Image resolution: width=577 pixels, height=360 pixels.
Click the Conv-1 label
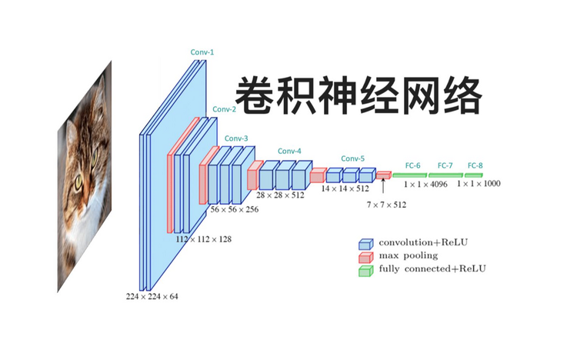coord(202,52)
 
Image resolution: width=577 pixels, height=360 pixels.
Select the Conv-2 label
coord(224,109)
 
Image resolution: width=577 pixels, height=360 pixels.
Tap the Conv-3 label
coord(236,138)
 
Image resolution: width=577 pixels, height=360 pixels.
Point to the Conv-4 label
coord(289,151)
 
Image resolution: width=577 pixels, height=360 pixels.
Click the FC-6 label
coord(412,165)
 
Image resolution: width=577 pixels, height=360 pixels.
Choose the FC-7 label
coord(445,165)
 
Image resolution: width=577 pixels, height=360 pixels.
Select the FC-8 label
coord(475,165)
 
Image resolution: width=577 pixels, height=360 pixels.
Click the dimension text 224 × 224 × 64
coord(152,296)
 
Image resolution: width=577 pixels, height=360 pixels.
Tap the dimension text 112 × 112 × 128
coord(204,239)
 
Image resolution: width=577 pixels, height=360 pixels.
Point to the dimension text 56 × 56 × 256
coord(235,209)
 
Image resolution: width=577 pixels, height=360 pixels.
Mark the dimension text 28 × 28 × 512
coord(280,195)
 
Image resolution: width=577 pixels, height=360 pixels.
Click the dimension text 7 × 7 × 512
coord(386,205)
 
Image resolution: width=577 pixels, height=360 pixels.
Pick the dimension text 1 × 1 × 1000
coord(478,185)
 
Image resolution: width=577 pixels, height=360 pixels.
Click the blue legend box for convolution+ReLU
coord(365,242)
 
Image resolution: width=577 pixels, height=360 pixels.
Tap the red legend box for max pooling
coord(365,256)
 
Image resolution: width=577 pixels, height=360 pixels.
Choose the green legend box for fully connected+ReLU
coord(365,270)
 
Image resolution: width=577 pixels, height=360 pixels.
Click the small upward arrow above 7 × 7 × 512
coord(382,189)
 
